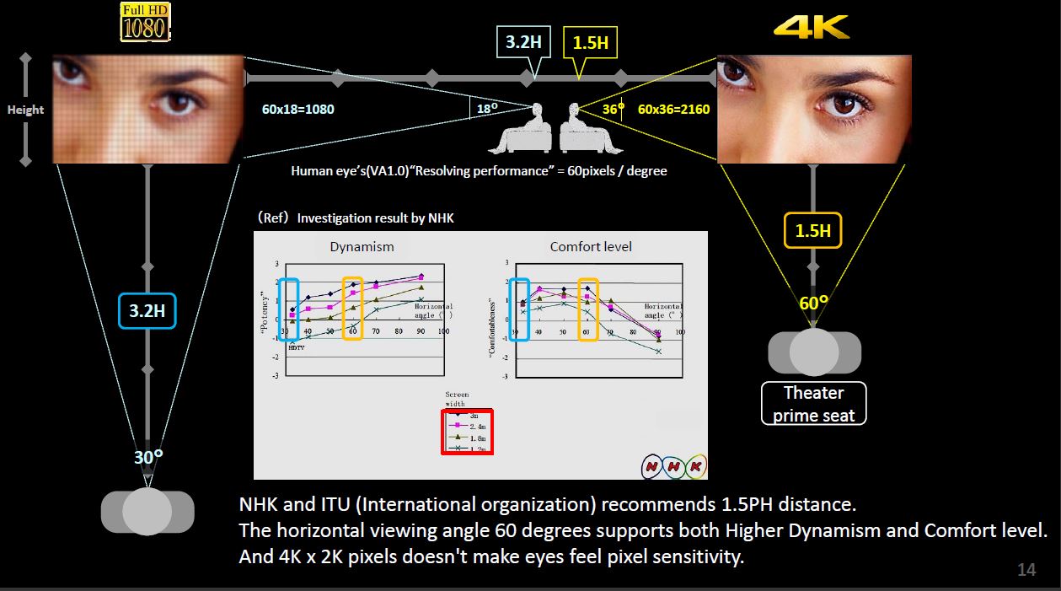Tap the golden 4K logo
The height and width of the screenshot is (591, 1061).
[811, 26]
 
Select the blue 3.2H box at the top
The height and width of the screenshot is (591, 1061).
[523, 41]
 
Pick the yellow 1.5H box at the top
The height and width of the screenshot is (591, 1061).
[590, 42]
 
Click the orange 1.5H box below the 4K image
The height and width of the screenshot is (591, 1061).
[812, 230]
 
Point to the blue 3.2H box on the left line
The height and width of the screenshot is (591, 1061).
[147, 310]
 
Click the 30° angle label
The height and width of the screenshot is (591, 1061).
[148, 457]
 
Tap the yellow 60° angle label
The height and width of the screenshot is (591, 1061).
[813, 303]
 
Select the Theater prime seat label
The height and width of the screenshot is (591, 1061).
[813, 404]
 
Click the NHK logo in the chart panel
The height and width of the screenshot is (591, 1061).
[673, 465]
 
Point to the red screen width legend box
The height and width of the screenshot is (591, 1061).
[467, 431]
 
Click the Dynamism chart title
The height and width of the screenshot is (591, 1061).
[362, 247]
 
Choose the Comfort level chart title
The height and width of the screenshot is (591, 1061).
[591, 247]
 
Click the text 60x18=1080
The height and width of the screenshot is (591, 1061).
[298, 109]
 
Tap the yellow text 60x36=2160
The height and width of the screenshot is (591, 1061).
[673, 109]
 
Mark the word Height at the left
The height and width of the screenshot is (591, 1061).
[25, 110]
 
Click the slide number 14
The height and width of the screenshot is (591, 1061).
[1026, 570]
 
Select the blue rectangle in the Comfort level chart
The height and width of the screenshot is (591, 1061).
[519, 309]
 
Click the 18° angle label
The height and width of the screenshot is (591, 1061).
[486, 109]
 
